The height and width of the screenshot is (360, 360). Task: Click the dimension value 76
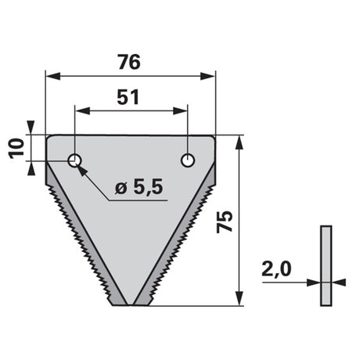coord(129,62)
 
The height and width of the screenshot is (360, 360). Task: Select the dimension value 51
coord(128,97)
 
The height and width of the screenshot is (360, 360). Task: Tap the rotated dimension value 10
coord(16,149)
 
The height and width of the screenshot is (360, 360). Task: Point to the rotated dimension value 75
coord(225,221)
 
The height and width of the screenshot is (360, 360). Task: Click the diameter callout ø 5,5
coord(139,187)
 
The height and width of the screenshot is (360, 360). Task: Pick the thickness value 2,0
coord(276,269)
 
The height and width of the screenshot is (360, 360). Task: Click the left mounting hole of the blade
coord(74,160)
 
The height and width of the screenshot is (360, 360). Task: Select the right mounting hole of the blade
coord(188,160)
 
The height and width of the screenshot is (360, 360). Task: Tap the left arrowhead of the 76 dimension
coord(53,77)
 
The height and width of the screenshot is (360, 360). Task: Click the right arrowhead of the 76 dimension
coord(207,77)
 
